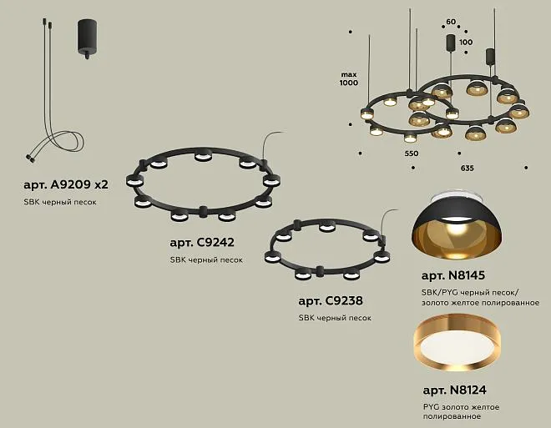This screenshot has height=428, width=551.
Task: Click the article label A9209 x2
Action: click(66, 184)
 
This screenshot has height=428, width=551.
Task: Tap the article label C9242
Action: click(202, 243)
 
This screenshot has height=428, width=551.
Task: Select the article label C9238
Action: click(331, 301)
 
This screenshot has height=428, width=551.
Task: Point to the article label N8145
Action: click(453, 275)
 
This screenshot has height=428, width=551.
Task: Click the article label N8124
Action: click(455, 390)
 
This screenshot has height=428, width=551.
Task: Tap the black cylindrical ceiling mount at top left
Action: click(87, 38)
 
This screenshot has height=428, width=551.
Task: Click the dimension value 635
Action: click(467, 169)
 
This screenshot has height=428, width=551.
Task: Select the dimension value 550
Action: click(411, 154)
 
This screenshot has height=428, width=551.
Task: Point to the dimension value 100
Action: click(466, 43)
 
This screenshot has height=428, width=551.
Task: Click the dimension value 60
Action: click(451, 22)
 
